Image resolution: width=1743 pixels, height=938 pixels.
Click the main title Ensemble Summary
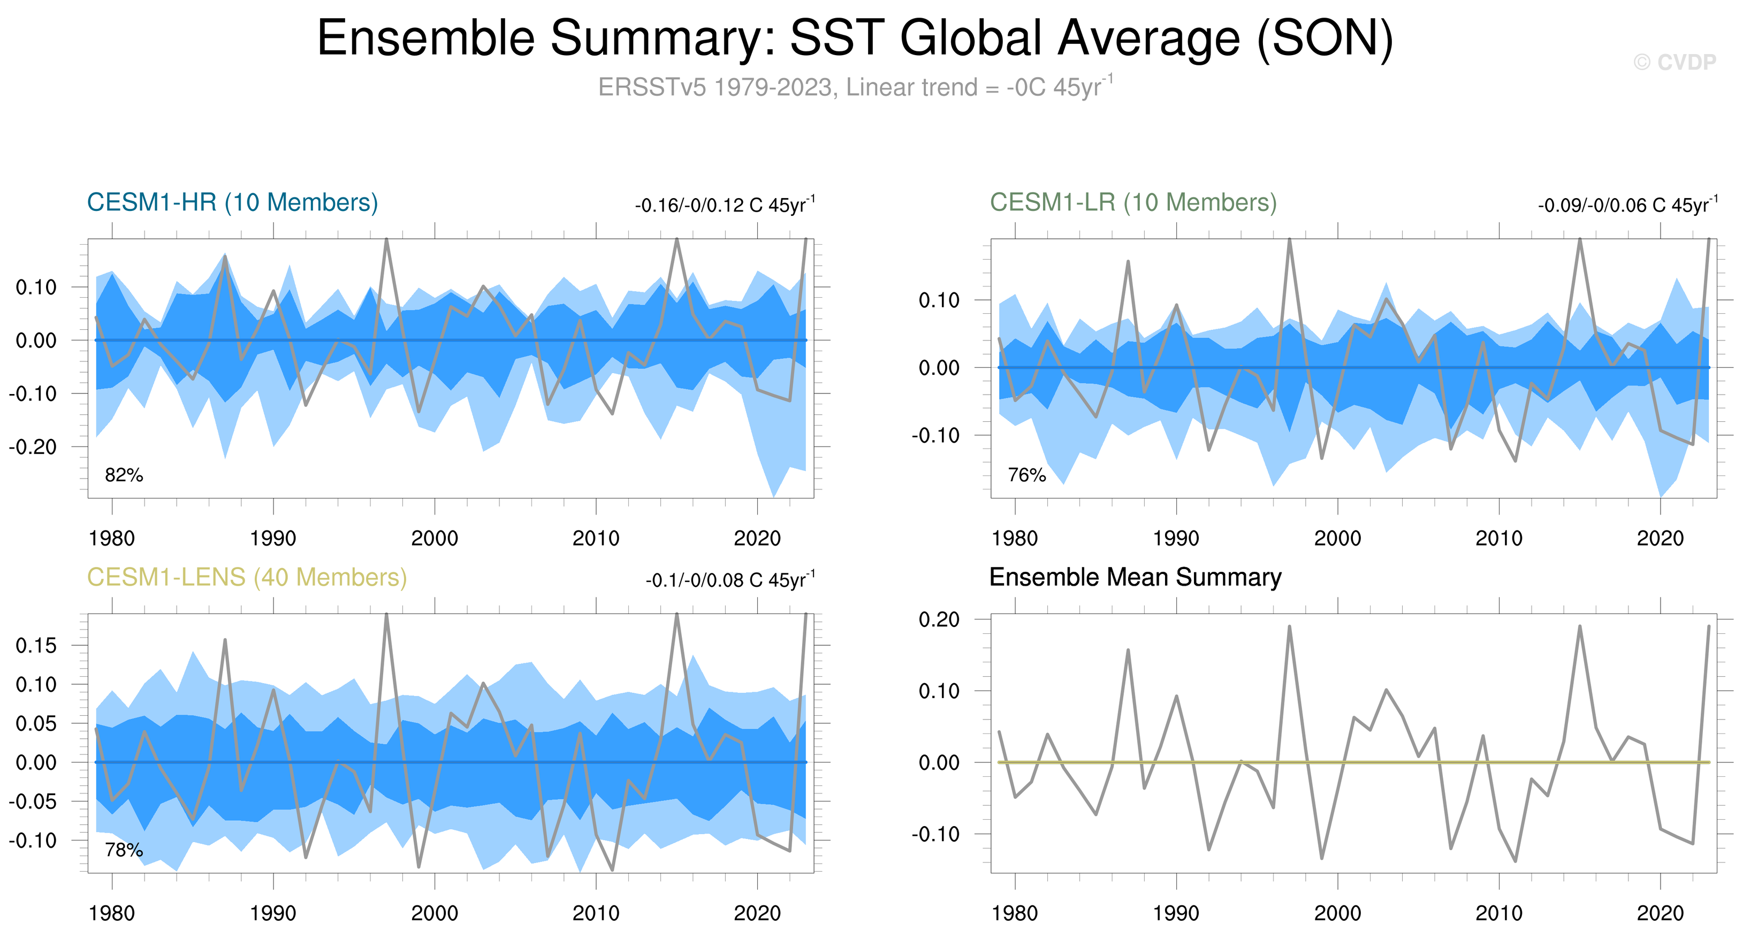(855, 38)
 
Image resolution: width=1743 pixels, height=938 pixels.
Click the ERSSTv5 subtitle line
(855, 87)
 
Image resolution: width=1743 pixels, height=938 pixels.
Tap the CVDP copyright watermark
(1675, 62)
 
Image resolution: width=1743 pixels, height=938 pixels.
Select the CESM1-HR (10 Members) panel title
(232, 202)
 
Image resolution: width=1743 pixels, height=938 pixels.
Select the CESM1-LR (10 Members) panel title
(1133, 202)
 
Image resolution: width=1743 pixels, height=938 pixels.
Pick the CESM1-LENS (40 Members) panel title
(247, 577)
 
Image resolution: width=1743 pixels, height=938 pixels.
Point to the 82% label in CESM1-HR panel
(124, 475)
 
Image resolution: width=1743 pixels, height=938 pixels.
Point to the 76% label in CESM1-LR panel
(1026, 475)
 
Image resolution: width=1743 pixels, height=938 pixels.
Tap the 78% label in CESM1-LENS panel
(124, 850)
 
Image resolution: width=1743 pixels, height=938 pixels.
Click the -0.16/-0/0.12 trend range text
(725, 205)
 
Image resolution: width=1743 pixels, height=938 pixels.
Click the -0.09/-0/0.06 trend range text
(1627, 205)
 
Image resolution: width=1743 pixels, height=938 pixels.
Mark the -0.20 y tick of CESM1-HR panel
(33, 447)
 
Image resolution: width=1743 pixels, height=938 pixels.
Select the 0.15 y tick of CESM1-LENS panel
(36, 646)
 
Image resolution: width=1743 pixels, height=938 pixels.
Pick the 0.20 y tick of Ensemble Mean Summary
(939, 619)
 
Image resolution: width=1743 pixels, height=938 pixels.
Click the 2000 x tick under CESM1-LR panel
(1338, 539)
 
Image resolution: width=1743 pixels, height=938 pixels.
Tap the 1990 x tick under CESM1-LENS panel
(273, 913)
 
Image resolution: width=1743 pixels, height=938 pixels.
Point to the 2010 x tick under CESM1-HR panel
(596, 539)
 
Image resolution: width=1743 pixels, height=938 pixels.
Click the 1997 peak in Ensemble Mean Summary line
(1289, 627)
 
